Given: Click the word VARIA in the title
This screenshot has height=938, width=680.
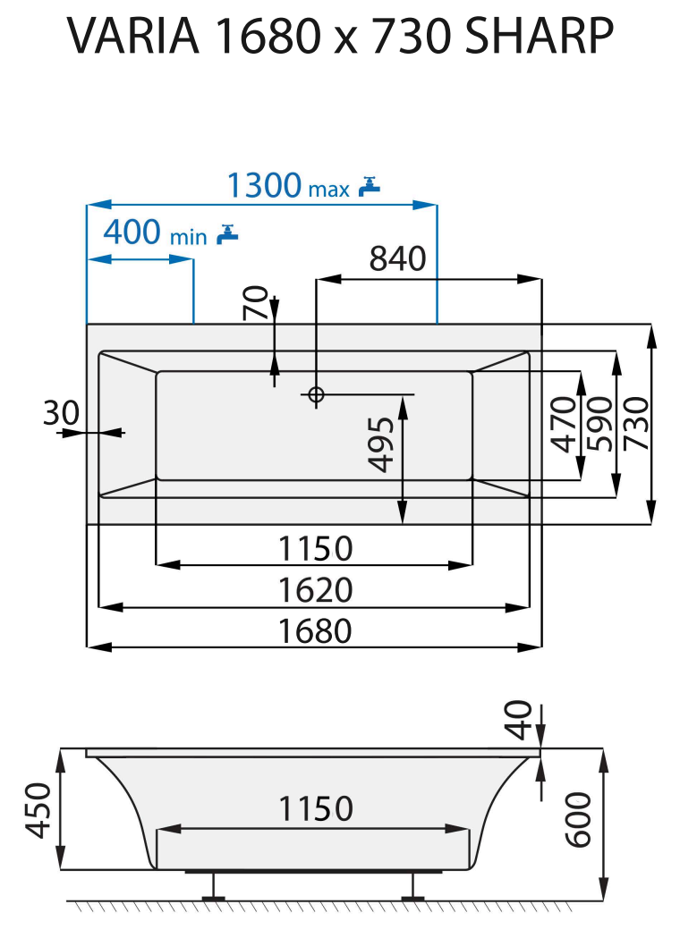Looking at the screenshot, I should (x=132, y=37).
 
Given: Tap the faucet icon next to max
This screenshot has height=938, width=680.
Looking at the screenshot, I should (x=369, y=185).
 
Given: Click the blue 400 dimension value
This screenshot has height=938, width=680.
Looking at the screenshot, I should (x=133, y=232).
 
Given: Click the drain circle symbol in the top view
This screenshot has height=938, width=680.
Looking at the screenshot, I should (x=316, y=393).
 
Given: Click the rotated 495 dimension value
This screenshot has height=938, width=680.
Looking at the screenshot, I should (x=382, y=444).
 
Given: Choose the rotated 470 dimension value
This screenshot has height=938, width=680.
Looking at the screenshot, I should (x=563, y=425).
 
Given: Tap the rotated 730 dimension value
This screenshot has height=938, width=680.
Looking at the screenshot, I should (x=636, y=425).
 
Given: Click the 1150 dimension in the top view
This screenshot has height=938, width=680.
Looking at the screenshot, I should (x=314, y=547).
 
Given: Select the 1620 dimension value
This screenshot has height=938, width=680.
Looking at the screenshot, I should (x=314, y=590).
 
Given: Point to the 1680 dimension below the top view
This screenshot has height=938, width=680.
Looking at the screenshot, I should (x=314, y=630).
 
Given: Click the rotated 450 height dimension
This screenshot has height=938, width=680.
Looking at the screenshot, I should (x=38, y=810).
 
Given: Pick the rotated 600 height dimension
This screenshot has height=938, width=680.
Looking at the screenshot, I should (x=579, y=819).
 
